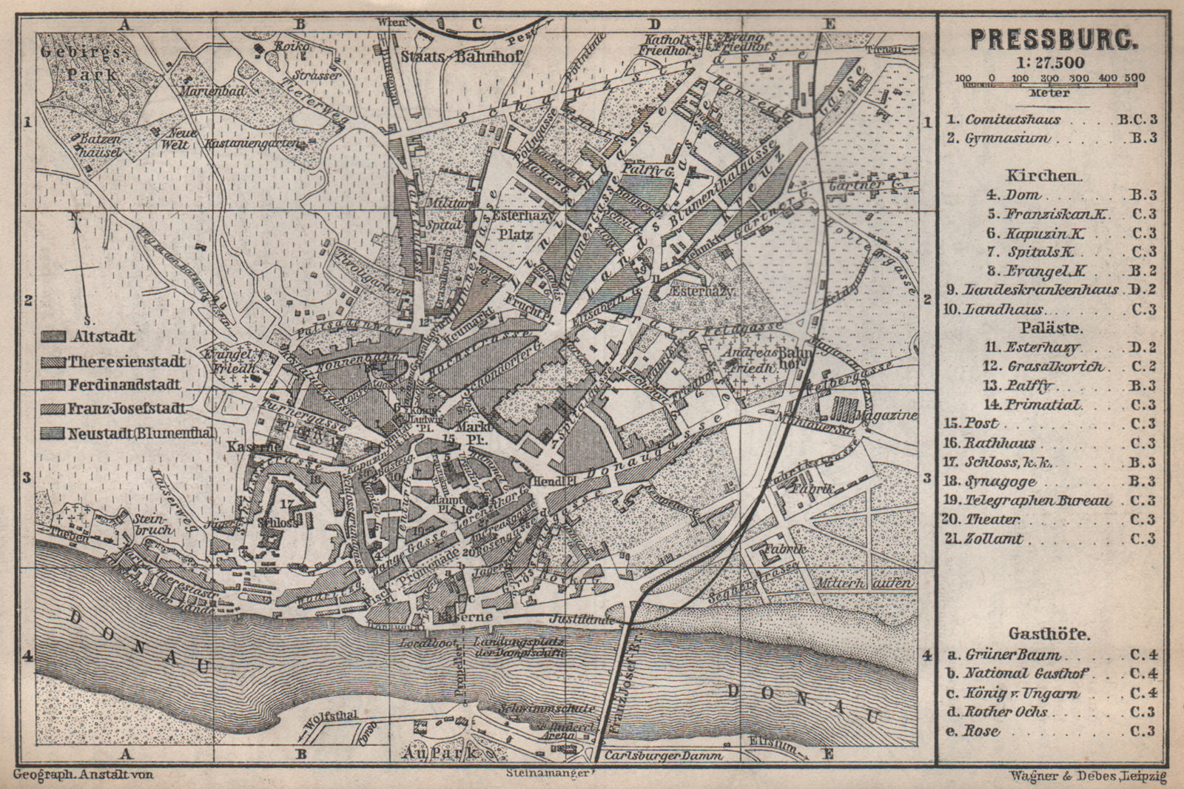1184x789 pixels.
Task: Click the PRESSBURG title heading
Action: click(1050, 38)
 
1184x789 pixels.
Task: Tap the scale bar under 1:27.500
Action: click(1050, 86)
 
